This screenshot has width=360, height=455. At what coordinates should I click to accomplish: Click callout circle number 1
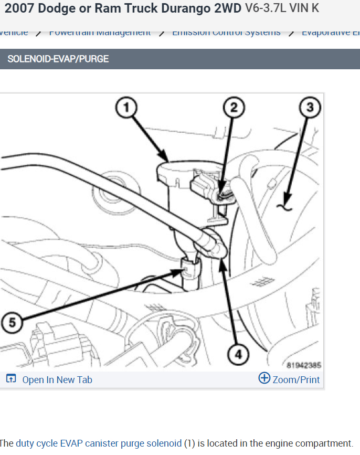[x=126, y=109]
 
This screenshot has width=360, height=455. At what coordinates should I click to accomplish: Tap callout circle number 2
[x=234, y=109]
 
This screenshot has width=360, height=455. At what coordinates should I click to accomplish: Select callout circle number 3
[x=310, y=109]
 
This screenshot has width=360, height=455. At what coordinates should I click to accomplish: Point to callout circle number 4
[x=238, y=355]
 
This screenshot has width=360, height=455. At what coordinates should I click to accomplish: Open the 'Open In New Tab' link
[x=57, y=380]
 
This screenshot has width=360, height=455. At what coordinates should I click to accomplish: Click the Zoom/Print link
[x=296, y=380]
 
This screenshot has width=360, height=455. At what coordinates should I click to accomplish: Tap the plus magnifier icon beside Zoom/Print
[x=264, y=378]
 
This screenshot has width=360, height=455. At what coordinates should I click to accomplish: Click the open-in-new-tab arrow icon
[x=11, y=379]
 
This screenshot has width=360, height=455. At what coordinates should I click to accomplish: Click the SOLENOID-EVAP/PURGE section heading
[x=58, y=59]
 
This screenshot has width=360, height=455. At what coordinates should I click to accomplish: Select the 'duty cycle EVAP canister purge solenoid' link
[x=99, y=443]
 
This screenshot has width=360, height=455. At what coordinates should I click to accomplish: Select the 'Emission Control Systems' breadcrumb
[x=226, y=33]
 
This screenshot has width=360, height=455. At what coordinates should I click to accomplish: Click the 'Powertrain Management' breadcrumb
[x=100, y=33]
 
